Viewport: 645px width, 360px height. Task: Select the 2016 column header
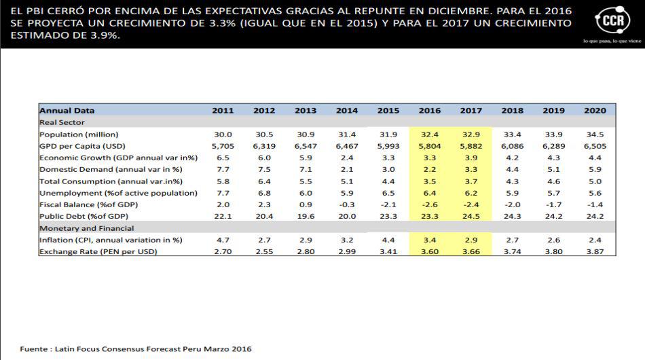pos(430,111)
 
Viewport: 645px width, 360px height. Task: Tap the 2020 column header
pos(595,111)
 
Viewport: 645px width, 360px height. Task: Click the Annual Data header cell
pos(67,111)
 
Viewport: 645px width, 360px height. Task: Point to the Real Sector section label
pos(62,122)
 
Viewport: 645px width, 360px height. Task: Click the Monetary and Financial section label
pos(86,228)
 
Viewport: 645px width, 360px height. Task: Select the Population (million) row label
pos(79,134)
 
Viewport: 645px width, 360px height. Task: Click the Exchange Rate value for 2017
pos(471,251)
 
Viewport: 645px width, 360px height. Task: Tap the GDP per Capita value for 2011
pos(223,146)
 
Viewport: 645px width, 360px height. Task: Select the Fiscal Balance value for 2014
pos(346,204)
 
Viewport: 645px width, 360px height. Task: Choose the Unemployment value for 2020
pos(595,193)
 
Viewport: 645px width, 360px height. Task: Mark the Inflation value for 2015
pos(388,240)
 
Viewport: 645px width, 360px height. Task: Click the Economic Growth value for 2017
pos(471,158)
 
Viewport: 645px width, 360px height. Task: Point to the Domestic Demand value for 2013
pos(306,169)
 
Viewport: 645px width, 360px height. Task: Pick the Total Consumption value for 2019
pos(553,181)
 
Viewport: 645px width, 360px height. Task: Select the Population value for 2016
pos(430,134)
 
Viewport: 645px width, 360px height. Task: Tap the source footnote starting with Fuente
pos(136,349)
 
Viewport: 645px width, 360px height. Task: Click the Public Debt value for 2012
pos(264,216)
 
